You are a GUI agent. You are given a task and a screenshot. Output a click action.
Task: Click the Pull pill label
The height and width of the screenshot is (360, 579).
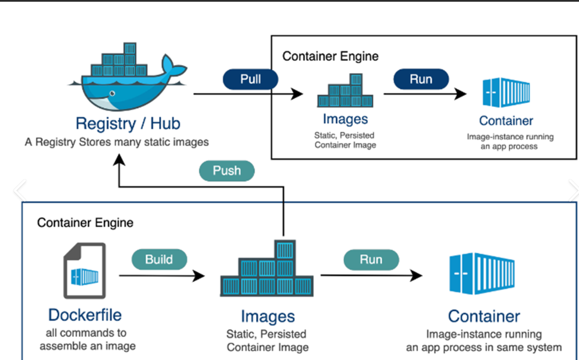click(x=250, y=79)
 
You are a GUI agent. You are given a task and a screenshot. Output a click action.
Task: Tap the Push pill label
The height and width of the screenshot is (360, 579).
click(x=227, y=171)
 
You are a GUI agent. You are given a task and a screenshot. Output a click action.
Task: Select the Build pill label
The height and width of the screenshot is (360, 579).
click(x=159, y=260)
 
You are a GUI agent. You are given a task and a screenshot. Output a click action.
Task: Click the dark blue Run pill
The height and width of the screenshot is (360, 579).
click(x=421, y=79)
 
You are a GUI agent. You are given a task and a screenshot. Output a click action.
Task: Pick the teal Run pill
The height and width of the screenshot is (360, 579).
click(x=371, y=260)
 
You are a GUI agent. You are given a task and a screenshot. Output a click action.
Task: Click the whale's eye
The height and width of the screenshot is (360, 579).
click(x=112, y=93)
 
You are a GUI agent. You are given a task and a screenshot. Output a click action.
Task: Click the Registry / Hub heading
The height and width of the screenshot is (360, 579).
click(x=128, y=123)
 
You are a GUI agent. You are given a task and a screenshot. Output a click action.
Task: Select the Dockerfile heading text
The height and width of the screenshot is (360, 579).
click(x=85, y=315)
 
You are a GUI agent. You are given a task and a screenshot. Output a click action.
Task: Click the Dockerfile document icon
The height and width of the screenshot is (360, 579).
click(x=85, y=270)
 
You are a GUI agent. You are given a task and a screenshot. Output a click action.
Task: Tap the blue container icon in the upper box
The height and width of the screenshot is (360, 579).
click(x=506, y=92)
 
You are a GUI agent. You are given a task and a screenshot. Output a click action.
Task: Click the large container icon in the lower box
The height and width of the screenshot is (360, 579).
click(x=482, y=273)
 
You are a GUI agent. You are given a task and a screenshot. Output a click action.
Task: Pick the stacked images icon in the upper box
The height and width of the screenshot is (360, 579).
click(x=345, y=90)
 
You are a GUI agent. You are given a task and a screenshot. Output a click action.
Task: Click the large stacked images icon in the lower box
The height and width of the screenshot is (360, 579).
click(x=267, y=268)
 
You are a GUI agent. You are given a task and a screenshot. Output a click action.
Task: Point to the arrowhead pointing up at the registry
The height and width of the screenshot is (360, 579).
click(x=119, y=159)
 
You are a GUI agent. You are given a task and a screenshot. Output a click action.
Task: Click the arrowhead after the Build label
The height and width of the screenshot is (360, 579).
click(x=199, y=276)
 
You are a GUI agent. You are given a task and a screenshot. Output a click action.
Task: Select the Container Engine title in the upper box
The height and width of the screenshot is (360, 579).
click(x=330, y=56)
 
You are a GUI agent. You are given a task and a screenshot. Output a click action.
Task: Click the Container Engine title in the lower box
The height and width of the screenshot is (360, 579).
click(x=85, y=223)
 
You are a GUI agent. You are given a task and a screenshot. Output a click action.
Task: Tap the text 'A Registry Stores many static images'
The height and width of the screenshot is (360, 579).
click(x=116, y=142)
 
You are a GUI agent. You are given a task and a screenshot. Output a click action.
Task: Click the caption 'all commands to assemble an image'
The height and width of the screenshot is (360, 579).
click(x=87, y=339)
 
